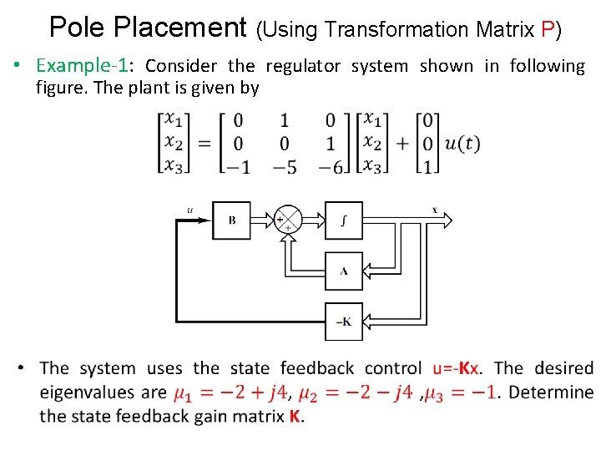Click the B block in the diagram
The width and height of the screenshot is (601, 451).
231,220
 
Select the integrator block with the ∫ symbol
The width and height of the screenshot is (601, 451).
344,220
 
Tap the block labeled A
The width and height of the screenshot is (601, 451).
344,271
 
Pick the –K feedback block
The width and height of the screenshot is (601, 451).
344,322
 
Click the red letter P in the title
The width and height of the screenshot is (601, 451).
548,30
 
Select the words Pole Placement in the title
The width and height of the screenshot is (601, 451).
149,28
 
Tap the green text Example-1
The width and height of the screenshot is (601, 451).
81,66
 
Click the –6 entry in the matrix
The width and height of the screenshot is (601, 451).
331,165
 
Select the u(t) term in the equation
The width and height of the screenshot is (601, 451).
462,143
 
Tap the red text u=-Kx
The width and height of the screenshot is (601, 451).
456,368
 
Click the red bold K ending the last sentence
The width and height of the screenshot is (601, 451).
295,416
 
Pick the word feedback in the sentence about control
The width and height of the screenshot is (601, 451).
316,368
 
